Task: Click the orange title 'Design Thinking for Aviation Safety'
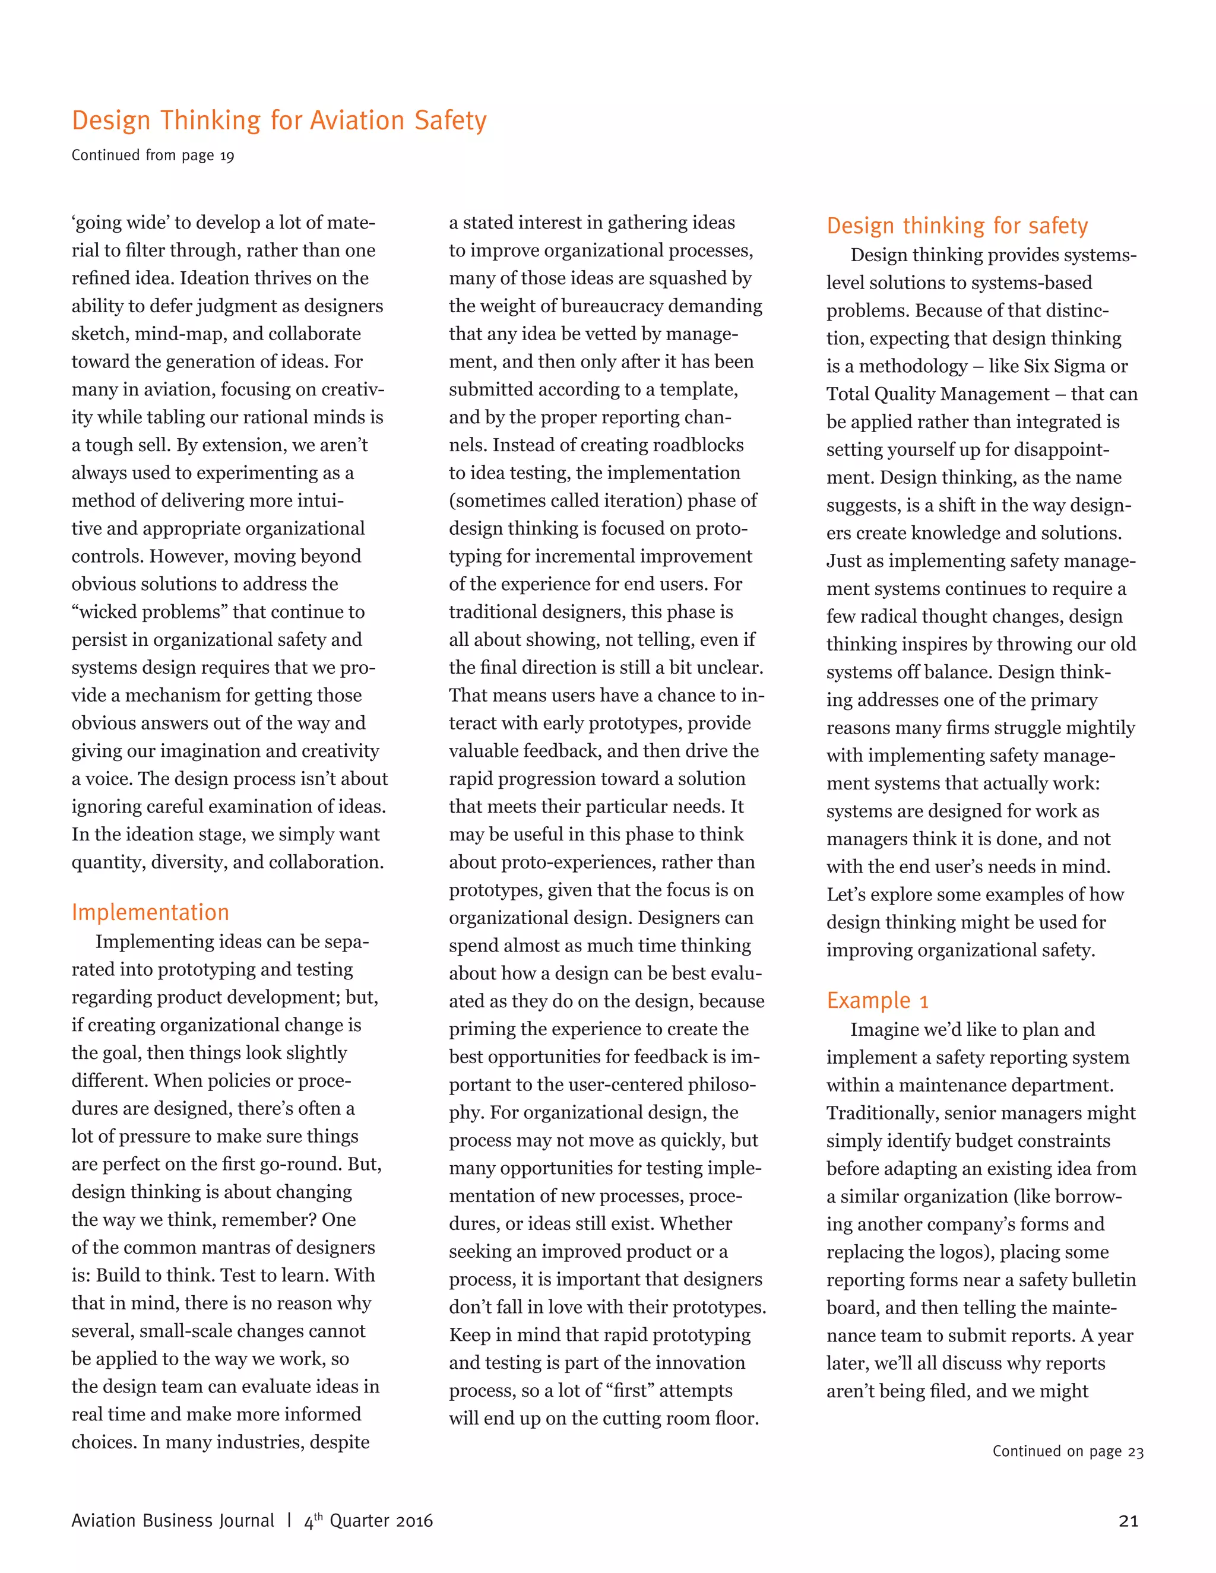[x=279, y=120]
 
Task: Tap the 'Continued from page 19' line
[x=153, y=156]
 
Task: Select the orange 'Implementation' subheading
[x=150, y=912]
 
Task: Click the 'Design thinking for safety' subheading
[x=957, y=226]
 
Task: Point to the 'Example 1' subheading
[x=877, y=1001]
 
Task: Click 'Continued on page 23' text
[x=1068, y=1451]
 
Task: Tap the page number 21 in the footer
[x=1128, y=1520]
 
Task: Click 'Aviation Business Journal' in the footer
[x=173, y=1520]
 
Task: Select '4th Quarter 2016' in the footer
[x=369, y=1520]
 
